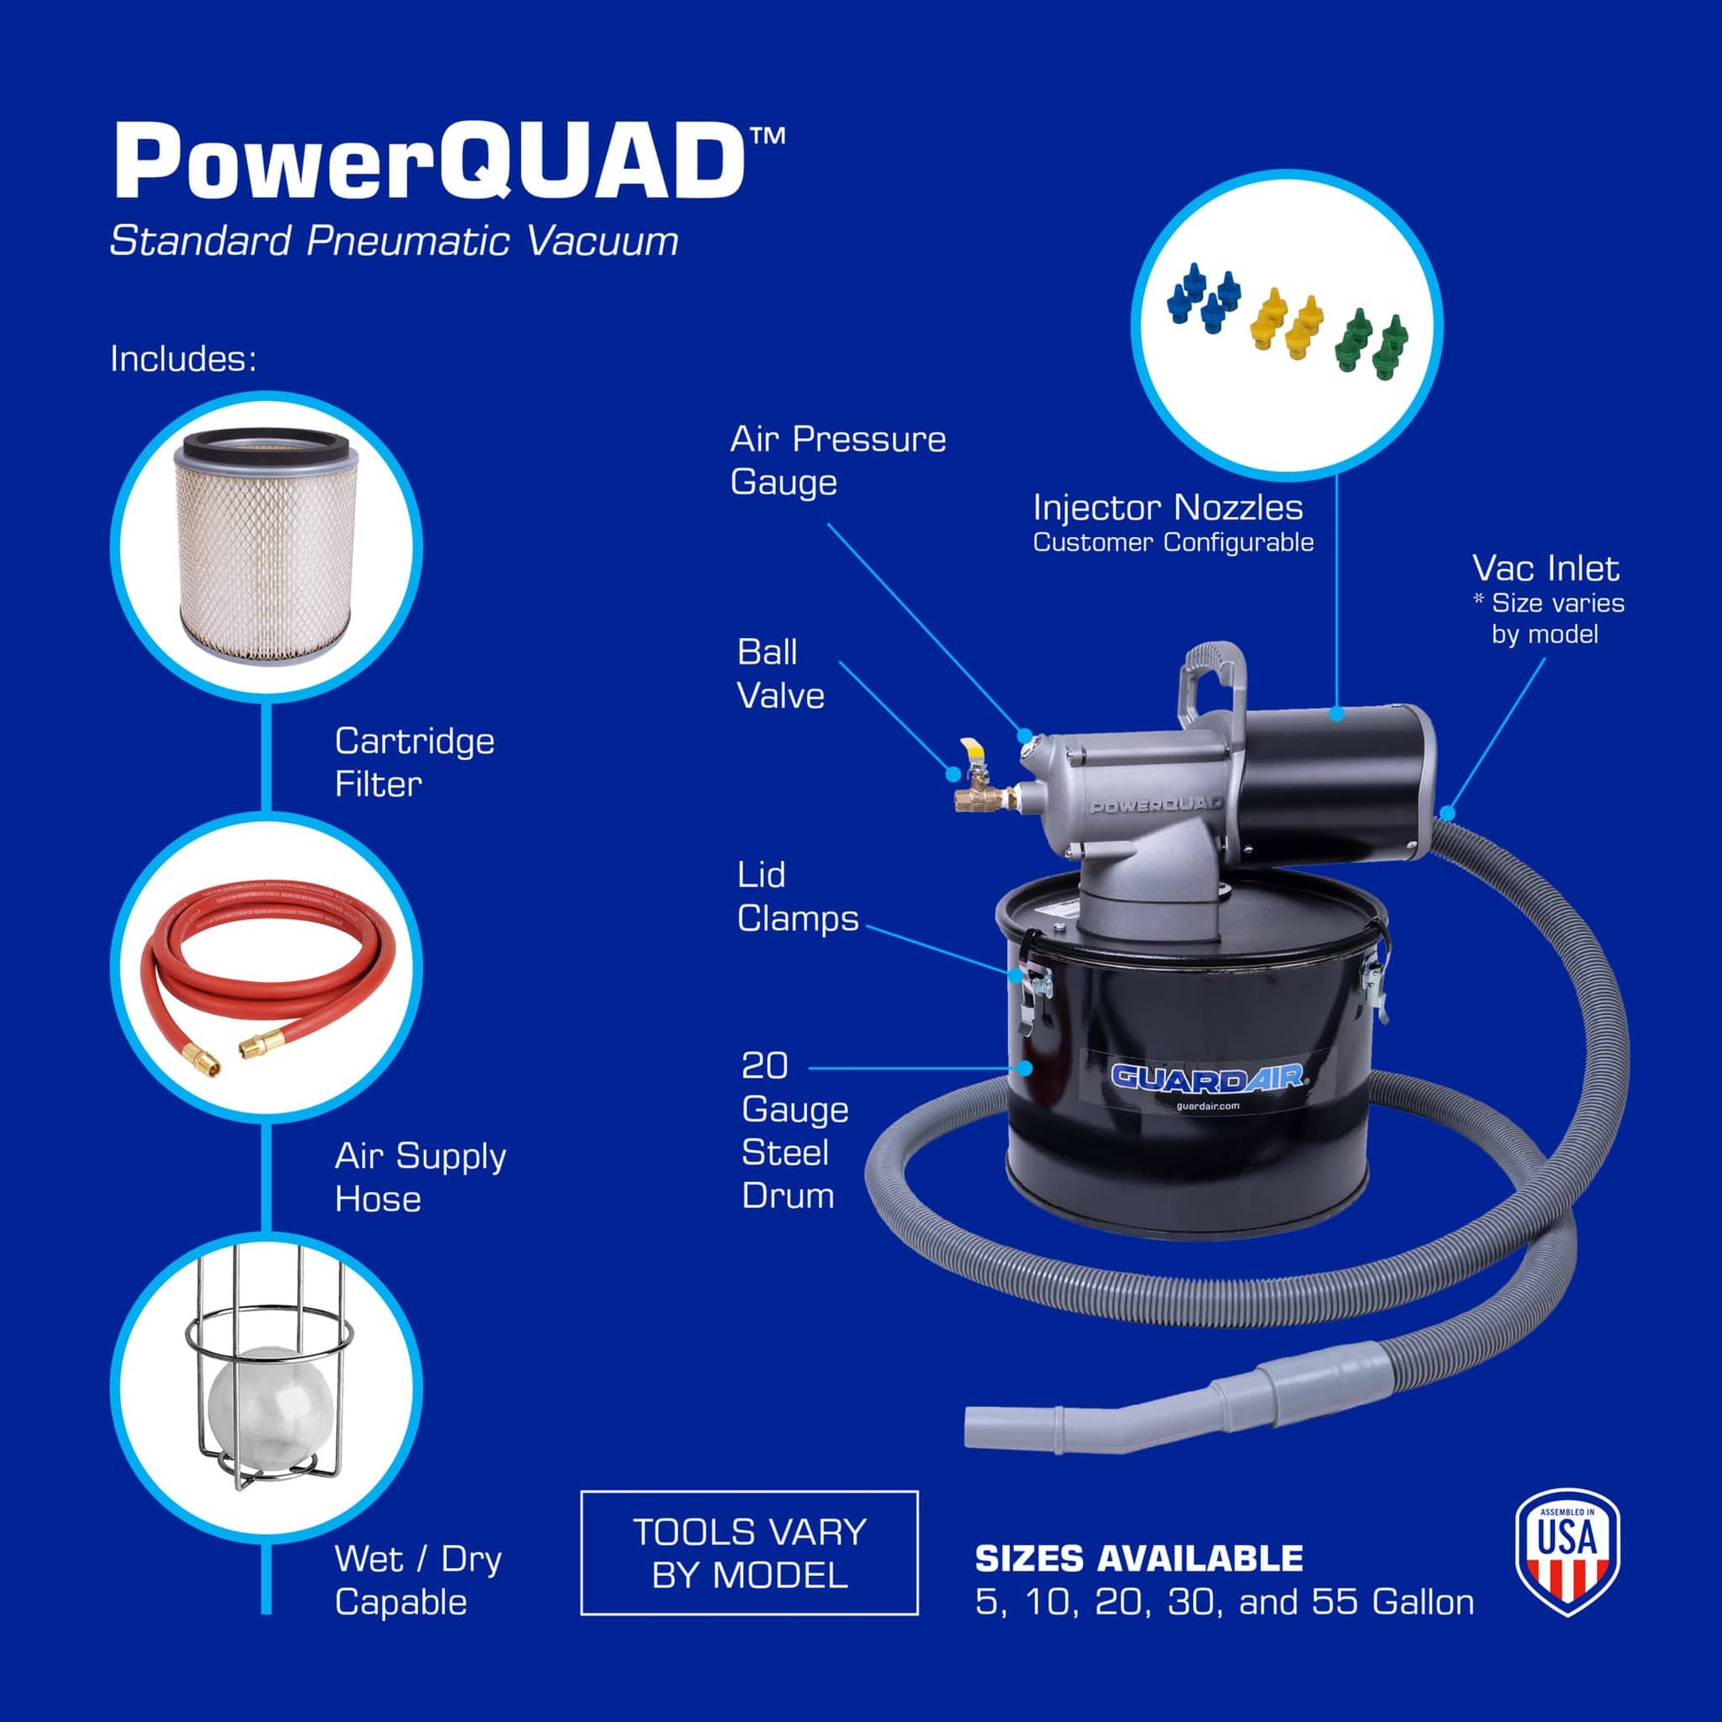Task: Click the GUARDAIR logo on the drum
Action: [1208, 1077]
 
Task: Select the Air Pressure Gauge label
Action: [837, 460]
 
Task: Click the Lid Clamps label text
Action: [796, 896]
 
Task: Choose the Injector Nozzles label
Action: [1167, 508]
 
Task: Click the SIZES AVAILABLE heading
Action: [1138, 1558]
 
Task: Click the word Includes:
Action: [182, 358]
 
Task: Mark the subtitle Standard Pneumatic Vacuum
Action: [393, 241]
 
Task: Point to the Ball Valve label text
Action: [780, 673]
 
